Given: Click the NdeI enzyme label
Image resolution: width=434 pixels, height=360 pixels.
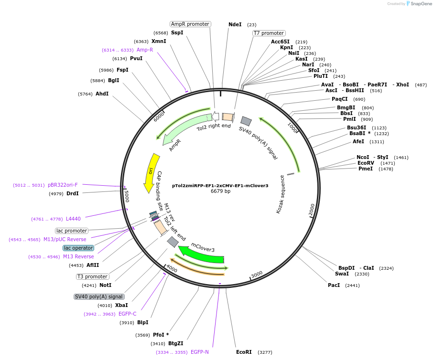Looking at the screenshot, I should coord(235,24).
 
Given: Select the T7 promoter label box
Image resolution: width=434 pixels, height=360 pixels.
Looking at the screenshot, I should coord(269,33).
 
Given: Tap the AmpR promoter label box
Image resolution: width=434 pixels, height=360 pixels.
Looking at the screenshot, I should coord(190,24).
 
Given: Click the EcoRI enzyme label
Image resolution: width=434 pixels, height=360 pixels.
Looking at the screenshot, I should coord(244,352).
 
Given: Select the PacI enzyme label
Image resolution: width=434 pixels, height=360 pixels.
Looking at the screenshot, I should coord(334,285).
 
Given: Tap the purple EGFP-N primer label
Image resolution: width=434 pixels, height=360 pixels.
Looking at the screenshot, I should coord(200,352).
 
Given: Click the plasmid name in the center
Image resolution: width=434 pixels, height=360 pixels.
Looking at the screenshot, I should coord(220,185).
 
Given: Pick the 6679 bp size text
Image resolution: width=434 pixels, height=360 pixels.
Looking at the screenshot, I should coord(220,191).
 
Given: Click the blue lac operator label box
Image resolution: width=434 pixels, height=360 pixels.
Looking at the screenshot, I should coord(78,248).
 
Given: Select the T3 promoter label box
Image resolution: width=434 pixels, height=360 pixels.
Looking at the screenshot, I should coord(92,276).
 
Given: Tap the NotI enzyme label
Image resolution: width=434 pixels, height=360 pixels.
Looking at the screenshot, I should coord(105,285).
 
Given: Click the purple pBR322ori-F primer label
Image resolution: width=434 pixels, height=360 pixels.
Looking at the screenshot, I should coord(63,185).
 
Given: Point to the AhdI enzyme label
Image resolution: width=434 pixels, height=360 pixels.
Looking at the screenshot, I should coord(102,94).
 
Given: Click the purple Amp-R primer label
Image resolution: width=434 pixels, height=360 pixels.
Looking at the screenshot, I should coord(145,50).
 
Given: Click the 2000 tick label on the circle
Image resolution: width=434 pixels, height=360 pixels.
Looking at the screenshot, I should coord(312,210).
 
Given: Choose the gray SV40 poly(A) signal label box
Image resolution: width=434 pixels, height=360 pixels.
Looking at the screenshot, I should coord(98,296).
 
